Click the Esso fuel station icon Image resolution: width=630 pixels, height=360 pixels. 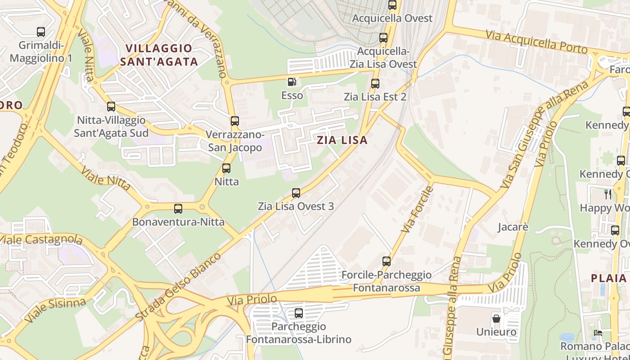click(292, 82)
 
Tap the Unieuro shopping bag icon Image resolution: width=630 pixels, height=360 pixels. click(496, 318)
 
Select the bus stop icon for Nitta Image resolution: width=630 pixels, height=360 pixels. click(226, 168)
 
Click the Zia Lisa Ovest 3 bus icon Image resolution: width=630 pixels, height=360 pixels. click(296, 193)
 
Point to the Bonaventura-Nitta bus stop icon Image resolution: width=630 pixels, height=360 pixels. click(178, 209)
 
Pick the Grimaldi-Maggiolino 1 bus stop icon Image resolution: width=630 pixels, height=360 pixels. click(41, 32)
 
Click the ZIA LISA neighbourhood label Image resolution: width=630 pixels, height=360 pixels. click(342, 140)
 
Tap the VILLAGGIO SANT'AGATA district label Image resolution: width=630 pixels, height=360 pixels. click(159, 55)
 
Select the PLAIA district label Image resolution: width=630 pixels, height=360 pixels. click(609, 278)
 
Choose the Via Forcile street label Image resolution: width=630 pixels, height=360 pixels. click(417, 209)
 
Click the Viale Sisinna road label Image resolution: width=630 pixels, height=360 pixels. click(55, 310)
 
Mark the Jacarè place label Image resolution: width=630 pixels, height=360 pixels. click(513, 227)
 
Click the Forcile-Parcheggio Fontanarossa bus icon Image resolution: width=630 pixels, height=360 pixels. click(387, 261)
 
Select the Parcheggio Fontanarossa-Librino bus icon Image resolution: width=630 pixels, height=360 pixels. click(299, 313)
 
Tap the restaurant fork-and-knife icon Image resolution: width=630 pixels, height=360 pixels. click(608, 194)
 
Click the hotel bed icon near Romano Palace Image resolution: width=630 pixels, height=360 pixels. click(598, 333)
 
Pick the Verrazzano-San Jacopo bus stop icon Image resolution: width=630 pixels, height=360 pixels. click(235, 121)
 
